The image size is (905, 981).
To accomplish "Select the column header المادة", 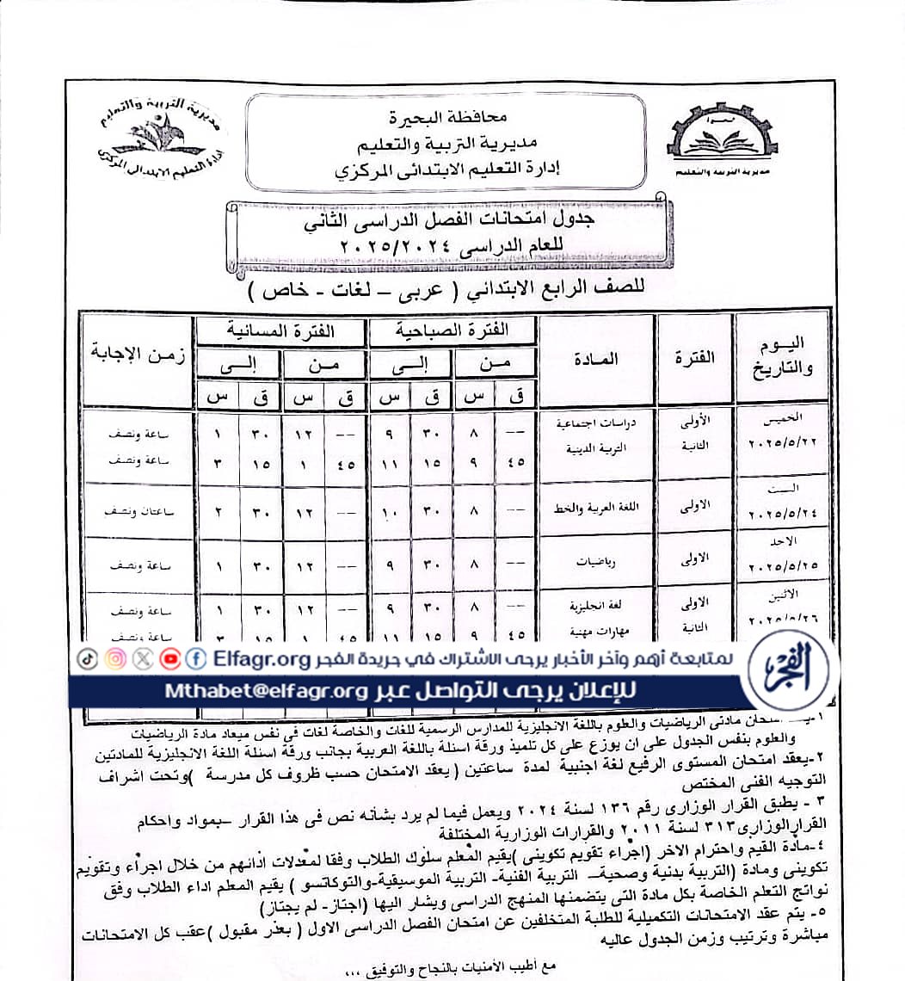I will coord(594,358).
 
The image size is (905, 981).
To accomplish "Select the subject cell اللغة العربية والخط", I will coord(593,509).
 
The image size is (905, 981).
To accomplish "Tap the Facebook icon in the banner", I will coord(197,659).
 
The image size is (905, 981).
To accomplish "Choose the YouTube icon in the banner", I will coord(170,659).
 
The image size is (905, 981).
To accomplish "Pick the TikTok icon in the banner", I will coord(87,659).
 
